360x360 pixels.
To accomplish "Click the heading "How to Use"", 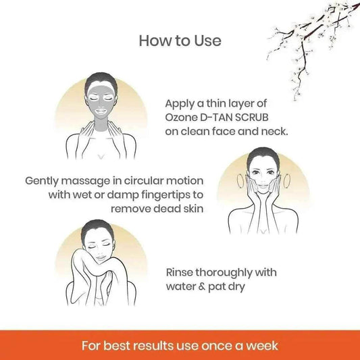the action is [x=180, y=41].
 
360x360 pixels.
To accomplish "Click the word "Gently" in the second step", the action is [x=42, y=181].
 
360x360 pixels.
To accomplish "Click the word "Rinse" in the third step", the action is [x=179, y=272].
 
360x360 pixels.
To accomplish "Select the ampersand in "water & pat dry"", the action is [x=201, y=286].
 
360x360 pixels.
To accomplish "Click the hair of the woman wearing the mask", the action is [x=101, y=81].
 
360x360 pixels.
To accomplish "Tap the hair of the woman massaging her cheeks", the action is [x=263, y=155].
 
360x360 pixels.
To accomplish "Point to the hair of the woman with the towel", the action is [x=97, y=228].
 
